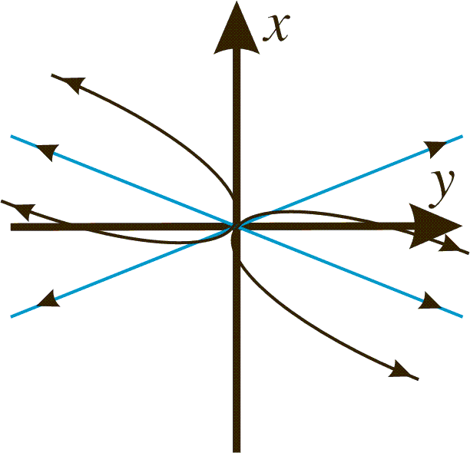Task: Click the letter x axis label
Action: (x=276, y=28)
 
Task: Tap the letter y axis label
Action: (x=442, y=189)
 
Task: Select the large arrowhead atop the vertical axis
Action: (x=237, y=28)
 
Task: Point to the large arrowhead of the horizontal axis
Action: (x=435, y=226)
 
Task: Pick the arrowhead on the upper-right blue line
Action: (x=435, y=148)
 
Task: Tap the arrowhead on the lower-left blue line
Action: (x=48, y=299)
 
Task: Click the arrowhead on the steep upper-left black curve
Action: (x=73, y=84)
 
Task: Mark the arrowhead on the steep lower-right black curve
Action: (x=400, y=369)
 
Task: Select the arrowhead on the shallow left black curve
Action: (x=24, y=210)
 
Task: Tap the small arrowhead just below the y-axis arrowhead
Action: (x=449, y=243)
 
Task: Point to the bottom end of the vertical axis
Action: (x=237, y=451)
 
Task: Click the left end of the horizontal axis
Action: (x=11, y=226)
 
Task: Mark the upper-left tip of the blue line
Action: (x=11, y=137)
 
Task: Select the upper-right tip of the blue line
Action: (x=462, y=137)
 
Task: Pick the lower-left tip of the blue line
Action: (x=11, y=316)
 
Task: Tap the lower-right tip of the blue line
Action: (x=462, y=316)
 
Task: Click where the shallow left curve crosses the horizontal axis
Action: (x=78, y=226)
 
